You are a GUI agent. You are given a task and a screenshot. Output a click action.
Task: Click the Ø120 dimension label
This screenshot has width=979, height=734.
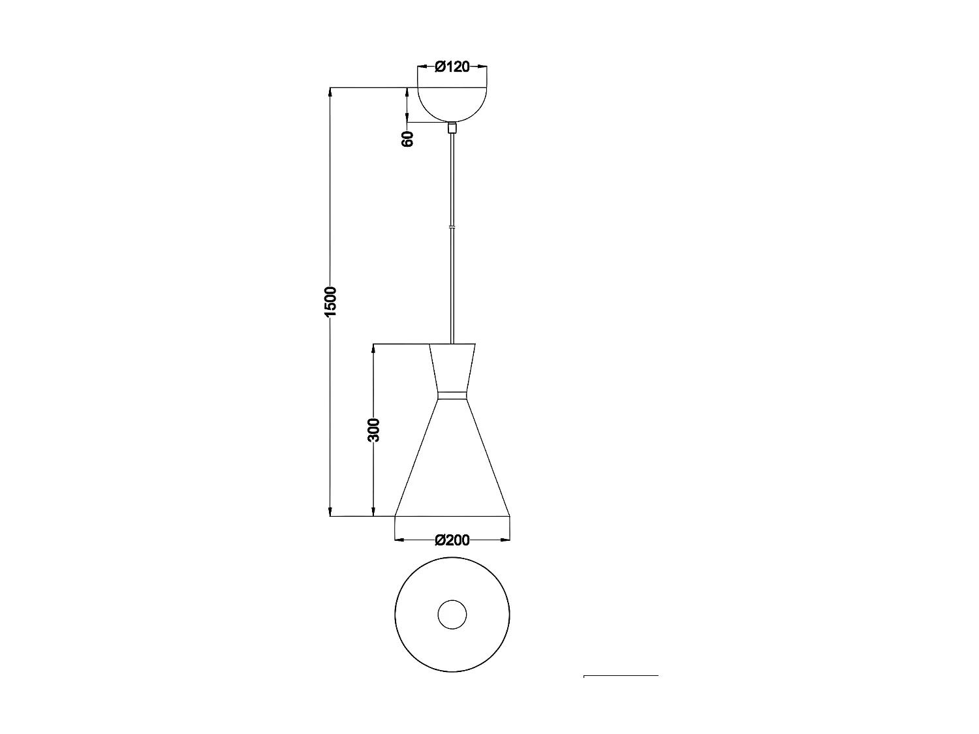(x=452, y=67)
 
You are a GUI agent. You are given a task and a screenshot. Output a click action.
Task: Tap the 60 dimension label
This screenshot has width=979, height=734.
(x=408, y=138)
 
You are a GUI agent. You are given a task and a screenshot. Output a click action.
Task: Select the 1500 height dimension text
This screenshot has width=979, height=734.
(x=330, y=301)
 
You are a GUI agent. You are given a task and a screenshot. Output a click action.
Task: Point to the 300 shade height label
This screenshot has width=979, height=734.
(x=373, y=430)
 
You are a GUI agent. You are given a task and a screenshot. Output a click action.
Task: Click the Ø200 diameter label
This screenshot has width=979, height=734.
(x=452, y=540)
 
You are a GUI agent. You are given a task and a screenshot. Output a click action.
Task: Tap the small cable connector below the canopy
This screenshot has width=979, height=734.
(x=452, y=128)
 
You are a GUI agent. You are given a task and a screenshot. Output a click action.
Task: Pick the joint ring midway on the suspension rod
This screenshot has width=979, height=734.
(x=452, y=227)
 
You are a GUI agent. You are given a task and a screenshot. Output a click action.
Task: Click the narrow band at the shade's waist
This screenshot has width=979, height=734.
(x=452, y=395)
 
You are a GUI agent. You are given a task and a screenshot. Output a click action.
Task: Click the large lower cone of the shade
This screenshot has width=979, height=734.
(x=452, y=463)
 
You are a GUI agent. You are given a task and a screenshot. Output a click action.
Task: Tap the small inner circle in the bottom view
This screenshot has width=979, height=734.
(x=452, y=615)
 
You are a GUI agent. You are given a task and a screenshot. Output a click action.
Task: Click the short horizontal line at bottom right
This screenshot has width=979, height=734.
(x=620, y=677)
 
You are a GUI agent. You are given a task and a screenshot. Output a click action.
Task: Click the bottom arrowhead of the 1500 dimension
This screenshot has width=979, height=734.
(x=330, y=511)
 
